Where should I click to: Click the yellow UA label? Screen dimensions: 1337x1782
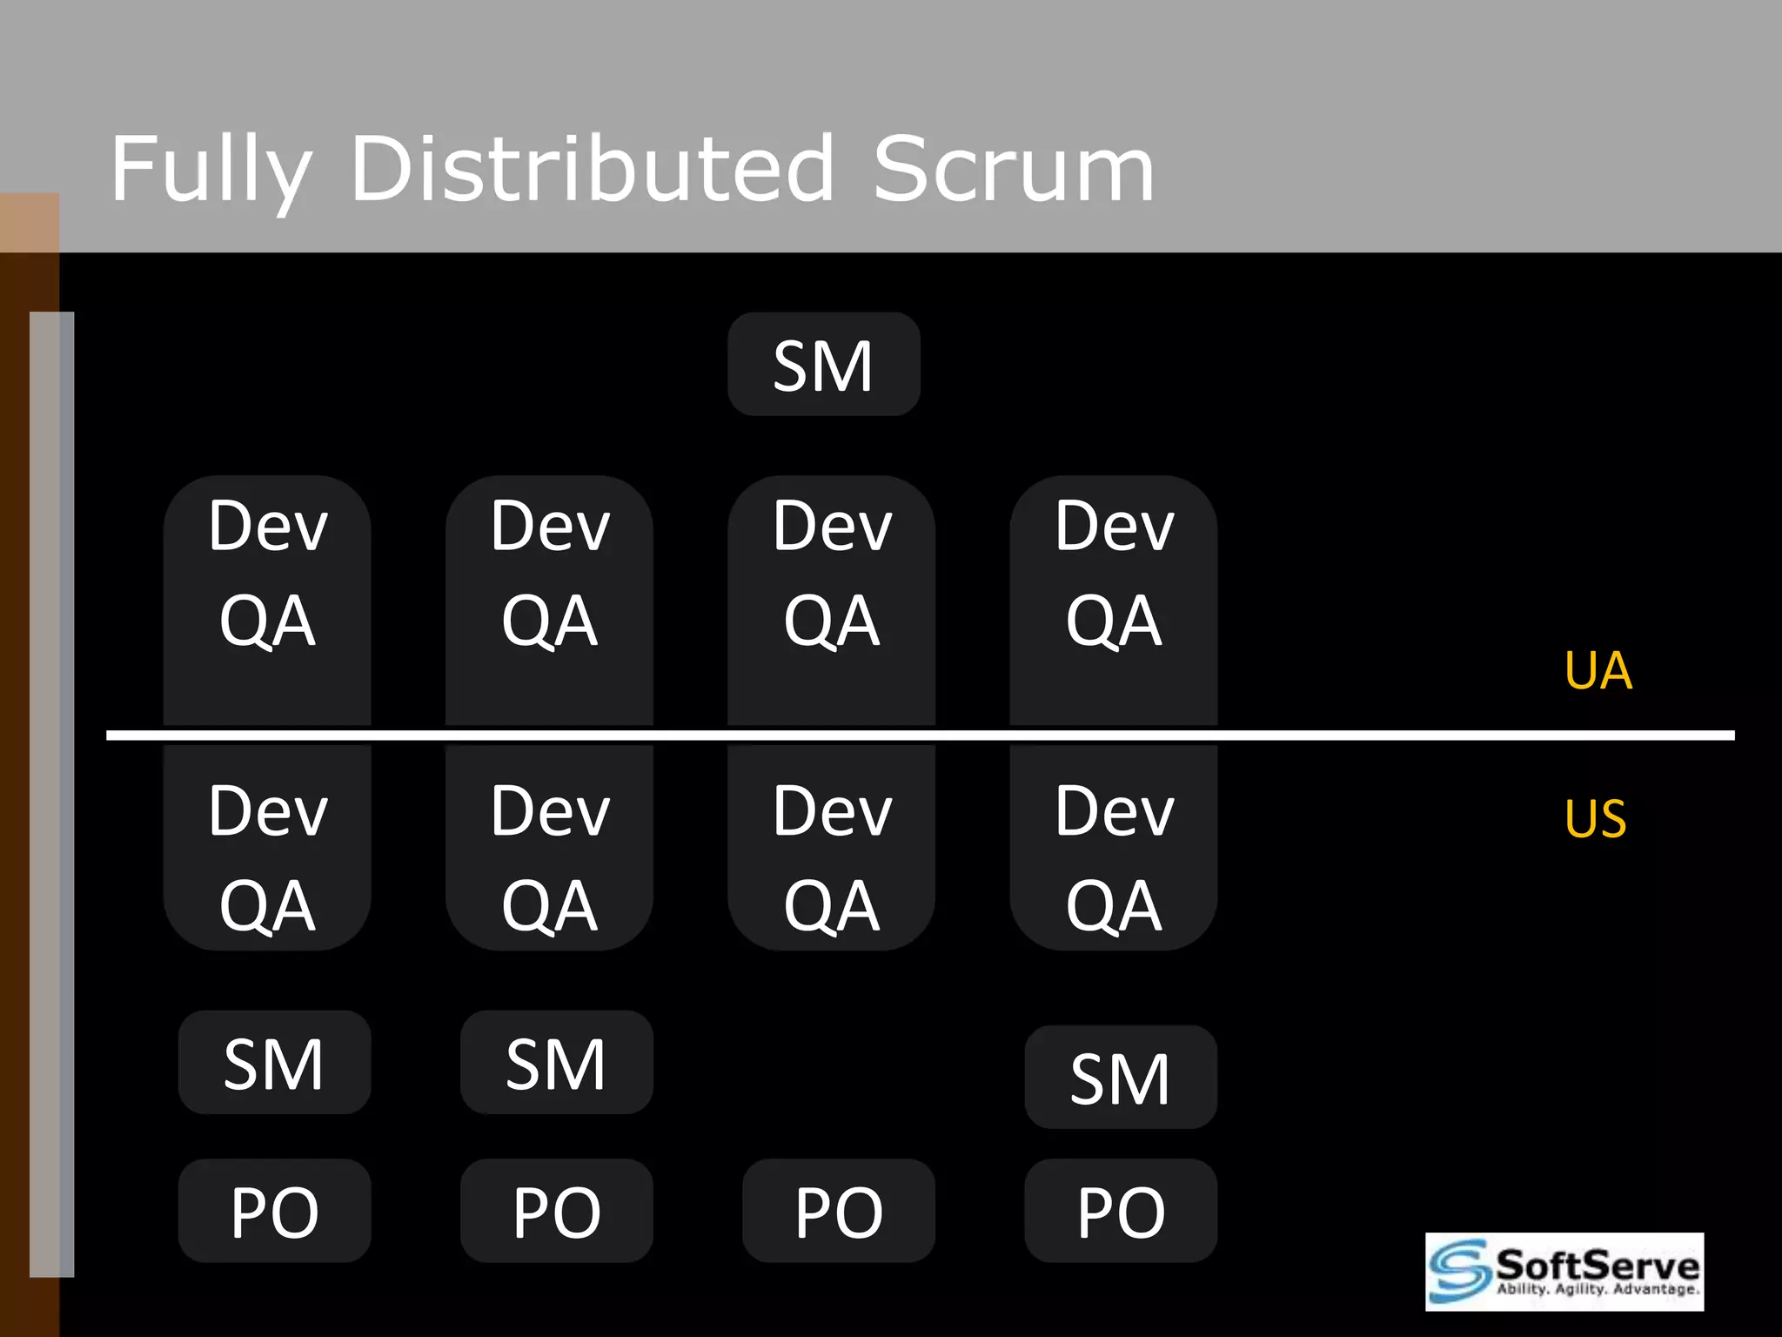(x=1598, y=671)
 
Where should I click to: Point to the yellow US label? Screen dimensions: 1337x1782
(x=1595, y=819)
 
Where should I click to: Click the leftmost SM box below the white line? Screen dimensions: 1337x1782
(x=274, y=1063)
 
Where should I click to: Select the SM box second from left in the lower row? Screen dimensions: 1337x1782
(x=556, y=1063)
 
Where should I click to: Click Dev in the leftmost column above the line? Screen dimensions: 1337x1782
(x=268, y=527)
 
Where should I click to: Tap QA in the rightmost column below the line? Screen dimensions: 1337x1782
(x=1114, y=906)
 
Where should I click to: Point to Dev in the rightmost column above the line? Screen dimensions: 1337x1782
(x=1115, y=527)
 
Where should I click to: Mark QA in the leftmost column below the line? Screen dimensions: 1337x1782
(x=267, y=906)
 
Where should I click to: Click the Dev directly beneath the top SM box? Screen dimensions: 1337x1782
(x=833, y=527)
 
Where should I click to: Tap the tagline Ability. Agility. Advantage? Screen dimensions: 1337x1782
(x=1597, y=1289)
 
